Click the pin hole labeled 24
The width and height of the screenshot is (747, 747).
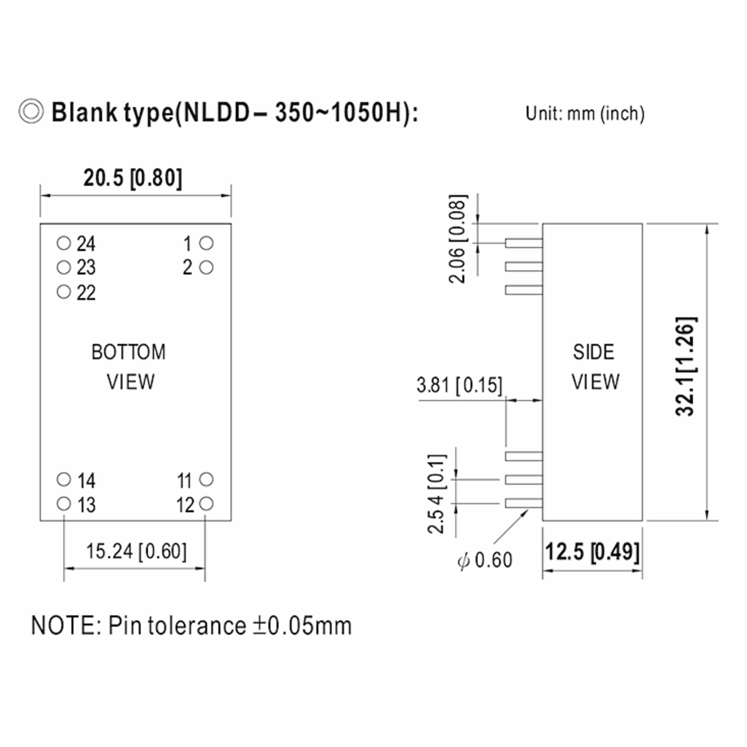tap(64, 243)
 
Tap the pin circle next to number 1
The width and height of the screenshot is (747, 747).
tap(206, 243)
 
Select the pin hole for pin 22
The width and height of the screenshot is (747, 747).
tap(64, 292)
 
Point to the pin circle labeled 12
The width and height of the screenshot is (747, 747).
tap(206, 503)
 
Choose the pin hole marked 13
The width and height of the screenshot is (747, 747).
tap(64, 503)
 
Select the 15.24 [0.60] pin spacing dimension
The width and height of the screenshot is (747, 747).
tap(136, 551)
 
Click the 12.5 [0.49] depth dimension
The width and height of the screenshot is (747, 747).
tap(592, 552)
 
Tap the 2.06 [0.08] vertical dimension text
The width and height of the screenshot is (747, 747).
tap(458, 239)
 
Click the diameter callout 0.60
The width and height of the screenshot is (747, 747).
tap(485, 560)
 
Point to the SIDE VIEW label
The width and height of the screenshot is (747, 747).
tap(595, 367)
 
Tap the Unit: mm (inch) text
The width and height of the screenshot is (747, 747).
tap(585, 114)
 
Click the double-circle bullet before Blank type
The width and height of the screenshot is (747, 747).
tap(31, 111)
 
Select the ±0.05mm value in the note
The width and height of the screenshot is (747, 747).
tap(302, 626)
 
